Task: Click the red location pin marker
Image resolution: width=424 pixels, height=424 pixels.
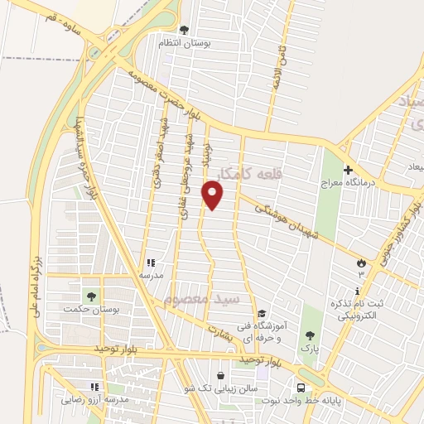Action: click(x=213, y=195)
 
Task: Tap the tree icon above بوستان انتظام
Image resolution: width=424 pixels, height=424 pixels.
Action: click(x=185, y=30)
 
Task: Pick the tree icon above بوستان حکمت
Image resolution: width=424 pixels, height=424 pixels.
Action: click(x=91, y=295)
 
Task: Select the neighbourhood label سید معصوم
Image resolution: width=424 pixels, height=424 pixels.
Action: click(x=201, y=297)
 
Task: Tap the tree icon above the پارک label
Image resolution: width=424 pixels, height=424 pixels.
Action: click(x=310, y=335)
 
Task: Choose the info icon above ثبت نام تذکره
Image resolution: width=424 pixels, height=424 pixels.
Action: click(x=357, y=291)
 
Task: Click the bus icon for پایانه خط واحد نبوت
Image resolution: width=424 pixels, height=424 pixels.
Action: click(x=301, y=387)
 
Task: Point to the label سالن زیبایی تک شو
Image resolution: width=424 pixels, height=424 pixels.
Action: click(x=221, y=388)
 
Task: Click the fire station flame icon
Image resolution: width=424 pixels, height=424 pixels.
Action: click(x=361, y=263)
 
